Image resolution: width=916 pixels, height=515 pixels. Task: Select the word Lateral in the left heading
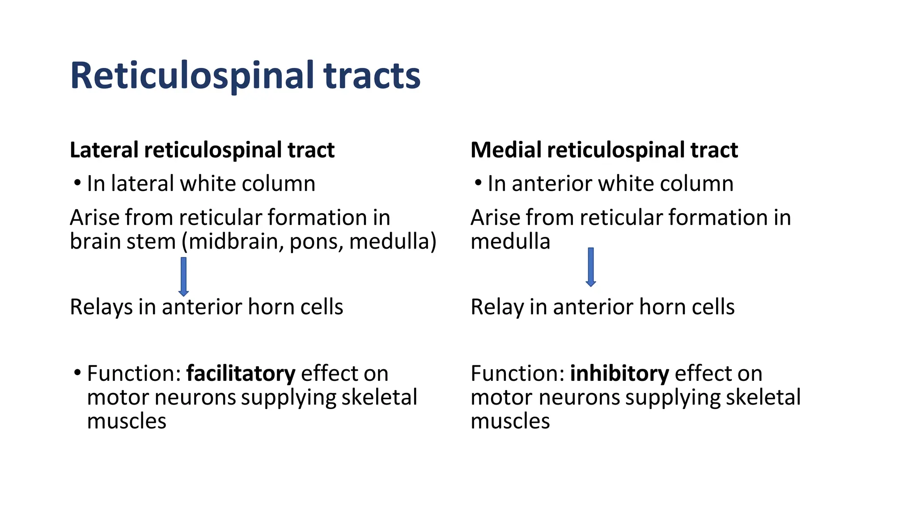point(104,150)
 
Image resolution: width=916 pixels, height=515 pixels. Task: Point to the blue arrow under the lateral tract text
point(183,276)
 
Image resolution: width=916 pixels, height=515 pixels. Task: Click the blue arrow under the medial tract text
point(591,267)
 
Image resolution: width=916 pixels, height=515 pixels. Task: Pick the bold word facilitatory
point(241,373)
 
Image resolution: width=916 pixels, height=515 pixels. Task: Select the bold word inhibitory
point(619,373)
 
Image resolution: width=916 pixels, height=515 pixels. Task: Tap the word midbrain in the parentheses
point(235,242)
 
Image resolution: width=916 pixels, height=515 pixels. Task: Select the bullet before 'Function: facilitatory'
point(77,372)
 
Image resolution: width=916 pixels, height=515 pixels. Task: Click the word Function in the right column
point(517,373)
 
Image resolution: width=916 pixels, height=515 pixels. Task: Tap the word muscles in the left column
point(127,421)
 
